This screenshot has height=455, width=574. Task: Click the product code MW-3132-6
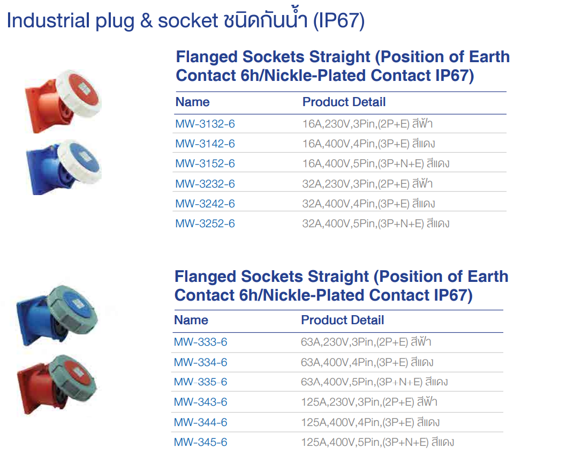pyautogui.click(x=205, y=124)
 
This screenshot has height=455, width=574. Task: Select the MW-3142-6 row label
pyautogui.click(x=205, y=144)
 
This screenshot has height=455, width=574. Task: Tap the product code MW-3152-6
pyautogui.click(x=205, y=164)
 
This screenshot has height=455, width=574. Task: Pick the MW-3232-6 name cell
pyautogui.click(x=205, y=184)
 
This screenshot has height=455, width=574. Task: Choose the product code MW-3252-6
pyautogui.click(x=205, y=223)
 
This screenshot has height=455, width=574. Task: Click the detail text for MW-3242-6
pyautogui.click(x=368, y=204)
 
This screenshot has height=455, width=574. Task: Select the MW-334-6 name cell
pyautogui.click(x=200, y=363)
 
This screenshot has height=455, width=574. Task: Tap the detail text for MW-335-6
pyautogui.click(x=374, y=382)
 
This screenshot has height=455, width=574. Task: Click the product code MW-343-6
pyautogui.click(x=200, y=402)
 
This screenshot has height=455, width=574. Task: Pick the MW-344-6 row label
pyautogui.click(x=200, y=422)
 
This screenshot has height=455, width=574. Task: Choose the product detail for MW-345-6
pyautogui.click(x=377, y=442)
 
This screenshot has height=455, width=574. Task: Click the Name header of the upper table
pyautogui.click(x=193, y=102)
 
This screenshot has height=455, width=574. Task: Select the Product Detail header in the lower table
pyautogui.click(x=342, y=320)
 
